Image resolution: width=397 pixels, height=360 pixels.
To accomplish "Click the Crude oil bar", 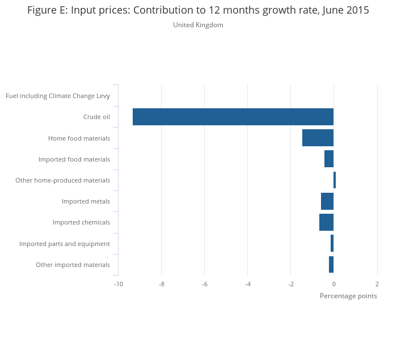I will pyautogui.click(x=233, y=117).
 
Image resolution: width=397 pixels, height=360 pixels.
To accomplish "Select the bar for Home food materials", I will pyautogui.click(x=318, y=138).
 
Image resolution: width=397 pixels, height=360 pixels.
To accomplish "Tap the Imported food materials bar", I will pyautogui.click(x=329, y=159).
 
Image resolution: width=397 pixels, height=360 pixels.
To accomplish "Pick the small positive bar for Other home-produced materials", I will pyautogui.click(x=335, y=180).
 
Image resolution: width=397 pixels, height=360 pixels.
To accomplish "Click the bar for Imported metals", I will pyautogui.click(x=327, y=201).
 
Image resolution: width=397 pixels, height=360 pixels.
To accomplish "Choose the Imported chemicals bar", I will pyautogui.click(x=326, y=222).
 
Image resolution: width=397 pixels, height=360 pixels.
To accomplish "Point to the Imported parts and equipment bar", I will pyautogui.click(x=332, y=243).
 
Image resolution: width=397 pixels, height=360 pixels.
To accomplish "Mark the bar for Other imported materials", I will pyautogui.click(x=331, y=264).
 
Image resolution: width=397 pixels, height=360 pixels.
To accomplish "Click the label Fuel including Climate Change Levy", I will pyautogui.click(x=58, y=96).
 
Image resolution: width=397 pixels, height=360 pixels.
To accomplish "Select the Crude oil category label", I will pyautogui.click(x=96, y=117).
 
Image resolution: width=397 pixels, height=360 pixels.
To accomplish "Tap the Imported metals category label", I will pyautogui.click(x=86, y=201).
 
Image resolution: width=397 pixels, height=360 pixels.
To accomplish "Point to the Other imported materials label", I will pyautogui.click(x=73, y=265).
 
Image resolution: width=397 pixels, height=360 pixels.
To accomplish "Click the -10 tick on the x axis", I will pyautogui.click(x=118, y=284).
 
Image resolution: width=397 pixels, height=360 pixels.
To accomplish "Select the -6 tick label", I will pyautogui.click(x=204, y=284).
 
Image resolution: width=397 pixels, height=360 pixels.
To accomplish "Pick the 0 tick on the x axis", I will pyautogui.click(x=333, y=284).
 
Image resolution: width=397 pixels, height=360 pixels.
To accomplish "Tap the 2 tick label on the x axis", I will pyautogui.click(x=377, y=284).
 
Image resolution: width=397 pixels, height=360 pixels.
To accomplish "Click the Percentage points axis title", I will pyautogui.click(x=348, y=296).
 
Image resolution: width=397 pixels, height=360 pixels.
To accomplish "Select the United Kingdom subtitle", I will pyautogui.click(x=198, y=25).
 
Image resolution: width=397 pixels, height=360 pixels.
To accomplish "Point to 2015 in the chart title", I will pyautogui.click(x=356, y=10).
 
